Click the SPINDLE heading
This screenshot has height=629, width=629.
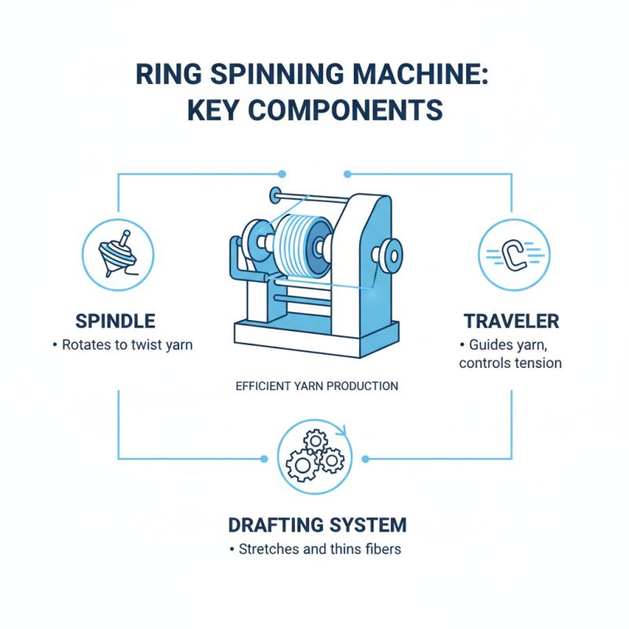pos(115,321)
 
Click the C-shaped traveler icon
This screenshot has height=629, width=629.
pos(513,253)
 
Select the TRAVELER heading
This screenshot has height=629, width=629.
pos(511,321)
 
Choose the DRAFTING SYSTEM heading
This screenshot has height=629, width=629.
pos(317,524)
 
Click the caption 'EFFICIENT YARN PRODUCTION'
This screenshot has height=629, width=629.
pos(317,386)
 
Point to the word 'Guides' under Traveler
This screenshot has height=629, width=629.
pos(490,345)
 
